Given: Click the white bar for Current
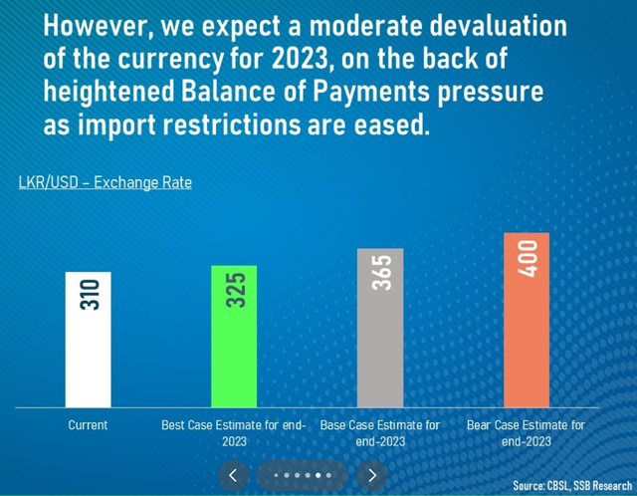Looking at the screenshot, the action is coord(89,340).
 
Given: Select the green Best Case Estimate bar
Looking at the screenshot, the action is coord(234,337).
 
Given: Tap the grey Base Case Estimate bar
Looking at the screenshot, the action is coord(380,328).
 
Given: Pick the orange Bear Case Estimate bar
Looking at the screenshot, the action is coord(527,320).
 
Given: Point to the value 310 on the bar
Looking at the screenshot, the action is coord(90,295).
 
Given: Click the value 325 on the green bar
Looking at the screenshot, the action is coord(236,290).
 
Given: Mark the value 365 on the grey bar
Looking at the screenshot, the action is coord(381,273).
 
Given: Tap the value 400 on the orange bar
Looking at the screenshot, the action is coord(528,259).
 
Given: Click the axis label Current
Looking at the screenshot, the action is coord(88,425).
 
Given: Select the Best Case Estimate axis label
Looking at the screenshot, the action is coord(234,433).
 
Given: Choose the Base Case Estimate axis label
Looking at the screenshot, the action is coord(380,433).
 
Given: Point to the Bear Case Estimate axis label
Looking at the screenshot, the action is coord(527,433).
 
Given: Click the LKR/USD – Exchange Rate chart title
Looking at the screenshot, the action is coord(106,182).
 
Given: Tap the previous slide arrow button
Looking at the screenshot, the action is coord(233,475).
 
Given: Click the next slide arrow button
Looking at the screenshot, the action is coord(372,475).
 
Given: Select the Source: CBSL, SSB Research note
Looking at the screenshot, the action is coord(572,485).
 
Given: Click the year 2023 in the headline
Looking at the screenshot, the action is coord(300,58).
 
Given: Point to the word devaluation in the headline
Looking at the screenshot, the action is coord(498,26).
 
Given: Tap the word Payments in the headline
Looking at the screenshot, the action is coord(371,92).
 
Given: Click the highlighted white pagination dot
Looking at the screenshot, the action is coord(318,475).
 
